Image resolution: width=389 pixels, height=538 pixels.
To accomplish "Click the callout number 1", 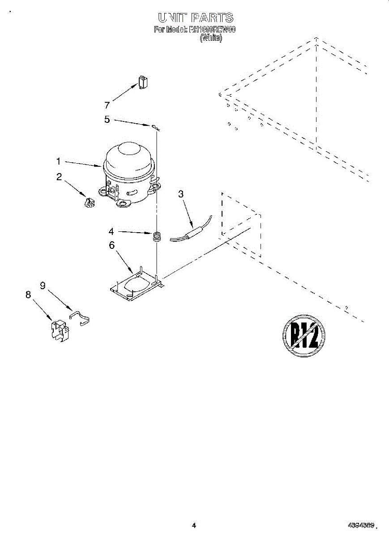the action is click(58, 161).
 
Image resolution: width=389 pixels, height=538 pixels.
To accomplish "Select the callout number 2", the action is click(59, 177).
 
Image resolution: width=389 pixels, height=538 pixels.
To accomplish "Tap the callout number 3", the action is click(181, 194).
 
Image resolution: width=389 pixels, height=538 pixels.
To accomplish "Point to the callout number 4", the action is click(111, 232).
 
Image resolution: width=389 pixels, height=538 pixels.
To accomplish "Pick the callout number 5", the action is click(107, 120).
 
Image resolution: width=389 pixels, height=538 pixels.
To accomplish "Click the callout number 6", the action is click(111, 245).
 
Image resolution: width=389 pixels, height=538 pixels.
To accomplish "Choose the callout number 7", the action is click(107, 105).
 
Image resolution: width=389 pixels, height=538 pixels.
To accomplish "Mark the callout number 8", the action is click(28, 295).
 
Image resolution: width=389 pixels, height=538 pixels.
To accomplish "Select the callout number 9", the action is click(43, 285).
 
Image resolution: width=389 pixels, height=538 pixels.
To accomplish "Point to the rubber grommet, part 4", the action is click(157, 236).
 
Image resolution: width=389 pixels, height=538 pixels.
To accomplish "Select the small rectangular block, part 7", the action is click(143, 82).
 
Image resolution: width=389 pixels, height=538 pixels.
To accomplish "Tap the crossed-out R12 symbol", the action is click(304, 336).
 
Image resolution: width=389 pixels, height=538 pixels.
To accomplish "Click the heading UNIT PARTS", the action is click(195, 17).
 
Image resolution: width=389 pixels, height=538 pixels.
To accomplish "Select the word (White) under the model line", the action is click(210, 39).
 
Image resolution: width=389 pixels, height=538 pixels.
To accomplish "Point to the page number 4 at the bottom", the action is click(194, 525).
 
